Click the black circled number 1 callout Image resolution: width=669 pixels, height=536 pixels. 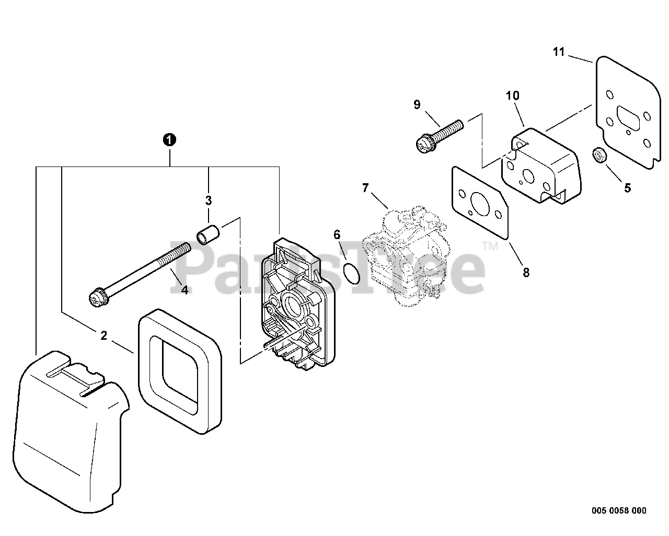point(169,140)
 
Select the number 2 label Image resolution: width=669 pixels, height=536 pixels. point(103,336)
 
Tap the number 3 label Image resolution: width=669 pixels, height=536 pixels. point(208,200)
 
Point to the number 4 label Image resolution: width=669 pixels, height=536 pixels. point(184,289)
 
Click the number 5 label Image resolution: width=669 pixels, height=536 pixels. point(627,188)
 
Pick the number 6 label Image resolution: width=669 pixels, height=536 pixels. point(337,234)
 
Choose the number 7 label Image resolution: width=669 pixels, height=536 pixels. point(365,188)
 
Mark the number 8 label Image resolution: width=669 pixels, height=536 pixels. point(526,272)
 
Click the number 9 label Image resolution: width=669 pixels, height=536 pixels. point(417,104)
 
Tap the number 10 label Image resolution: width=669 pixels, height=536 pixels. point(512,96)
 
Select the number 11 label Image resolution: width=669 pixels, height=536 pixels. point(559,52)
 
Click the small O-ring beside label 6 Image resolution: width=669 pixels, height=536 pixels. point(353,273)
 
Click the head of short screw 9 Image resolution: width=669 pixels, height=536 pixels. point(424,144)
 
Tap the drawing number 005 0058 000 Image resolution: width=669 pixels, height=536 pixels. point(619,510)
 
